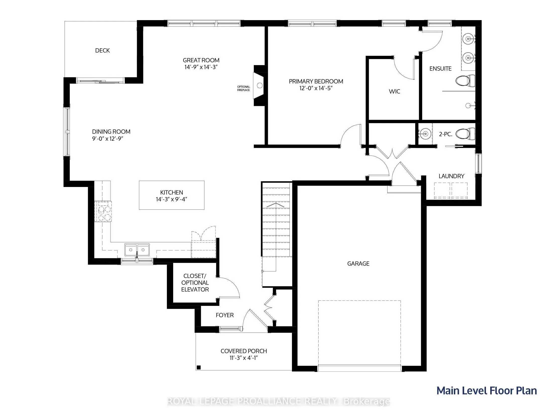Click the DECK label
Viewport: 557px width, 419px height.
102,51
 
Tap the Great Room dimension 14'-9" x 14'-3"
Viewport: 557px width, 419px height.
201,67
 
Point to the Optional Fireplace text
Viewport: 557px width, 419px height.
243,88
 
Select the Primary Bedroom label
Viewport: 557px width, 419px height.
316,81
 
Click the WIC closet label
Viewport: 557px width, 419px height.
394,91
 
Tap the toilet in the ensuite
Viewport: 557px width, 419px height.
465,81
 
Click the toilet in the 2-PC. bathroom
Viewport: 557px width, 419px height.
465,134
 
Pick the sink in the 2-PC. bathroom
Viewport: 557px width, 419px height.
425,134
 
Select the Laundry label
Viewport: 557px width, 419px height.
452,176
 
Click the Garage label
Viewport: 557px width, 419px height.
358,264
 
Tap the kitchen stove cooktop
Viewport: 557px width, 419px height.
103,212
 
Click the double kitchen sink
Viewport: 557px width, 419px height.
137,250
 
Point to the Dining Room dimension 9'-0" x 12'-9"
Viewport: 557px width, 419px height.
107,139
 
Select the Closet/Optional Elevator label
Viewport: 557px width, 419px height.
195,283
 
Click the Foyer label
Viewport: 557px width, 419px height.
225,315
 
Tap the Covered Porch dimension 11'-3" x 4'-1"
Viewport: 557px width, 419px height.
243,358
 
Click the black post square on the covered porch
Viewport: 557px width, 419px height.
198,367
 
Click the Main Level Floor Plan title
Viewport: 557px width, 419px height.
486,391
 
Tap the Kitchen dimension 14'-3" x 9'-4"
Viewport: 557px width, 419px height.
171,199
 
